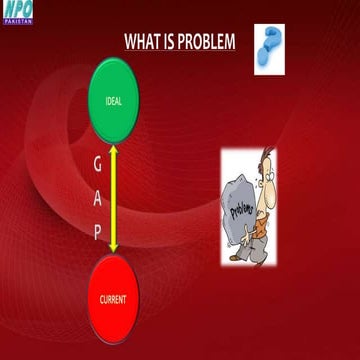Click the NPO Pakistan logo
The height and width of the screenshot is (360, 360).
(x=17, y=12)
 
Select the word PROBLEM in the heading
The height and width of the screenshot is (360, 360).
(x=209, y=42)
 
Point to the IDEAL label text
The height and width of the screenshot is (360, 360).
(x=114, y=103)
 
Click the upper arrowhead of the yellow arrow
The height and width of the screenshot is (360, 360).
(x=115, y=147)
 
